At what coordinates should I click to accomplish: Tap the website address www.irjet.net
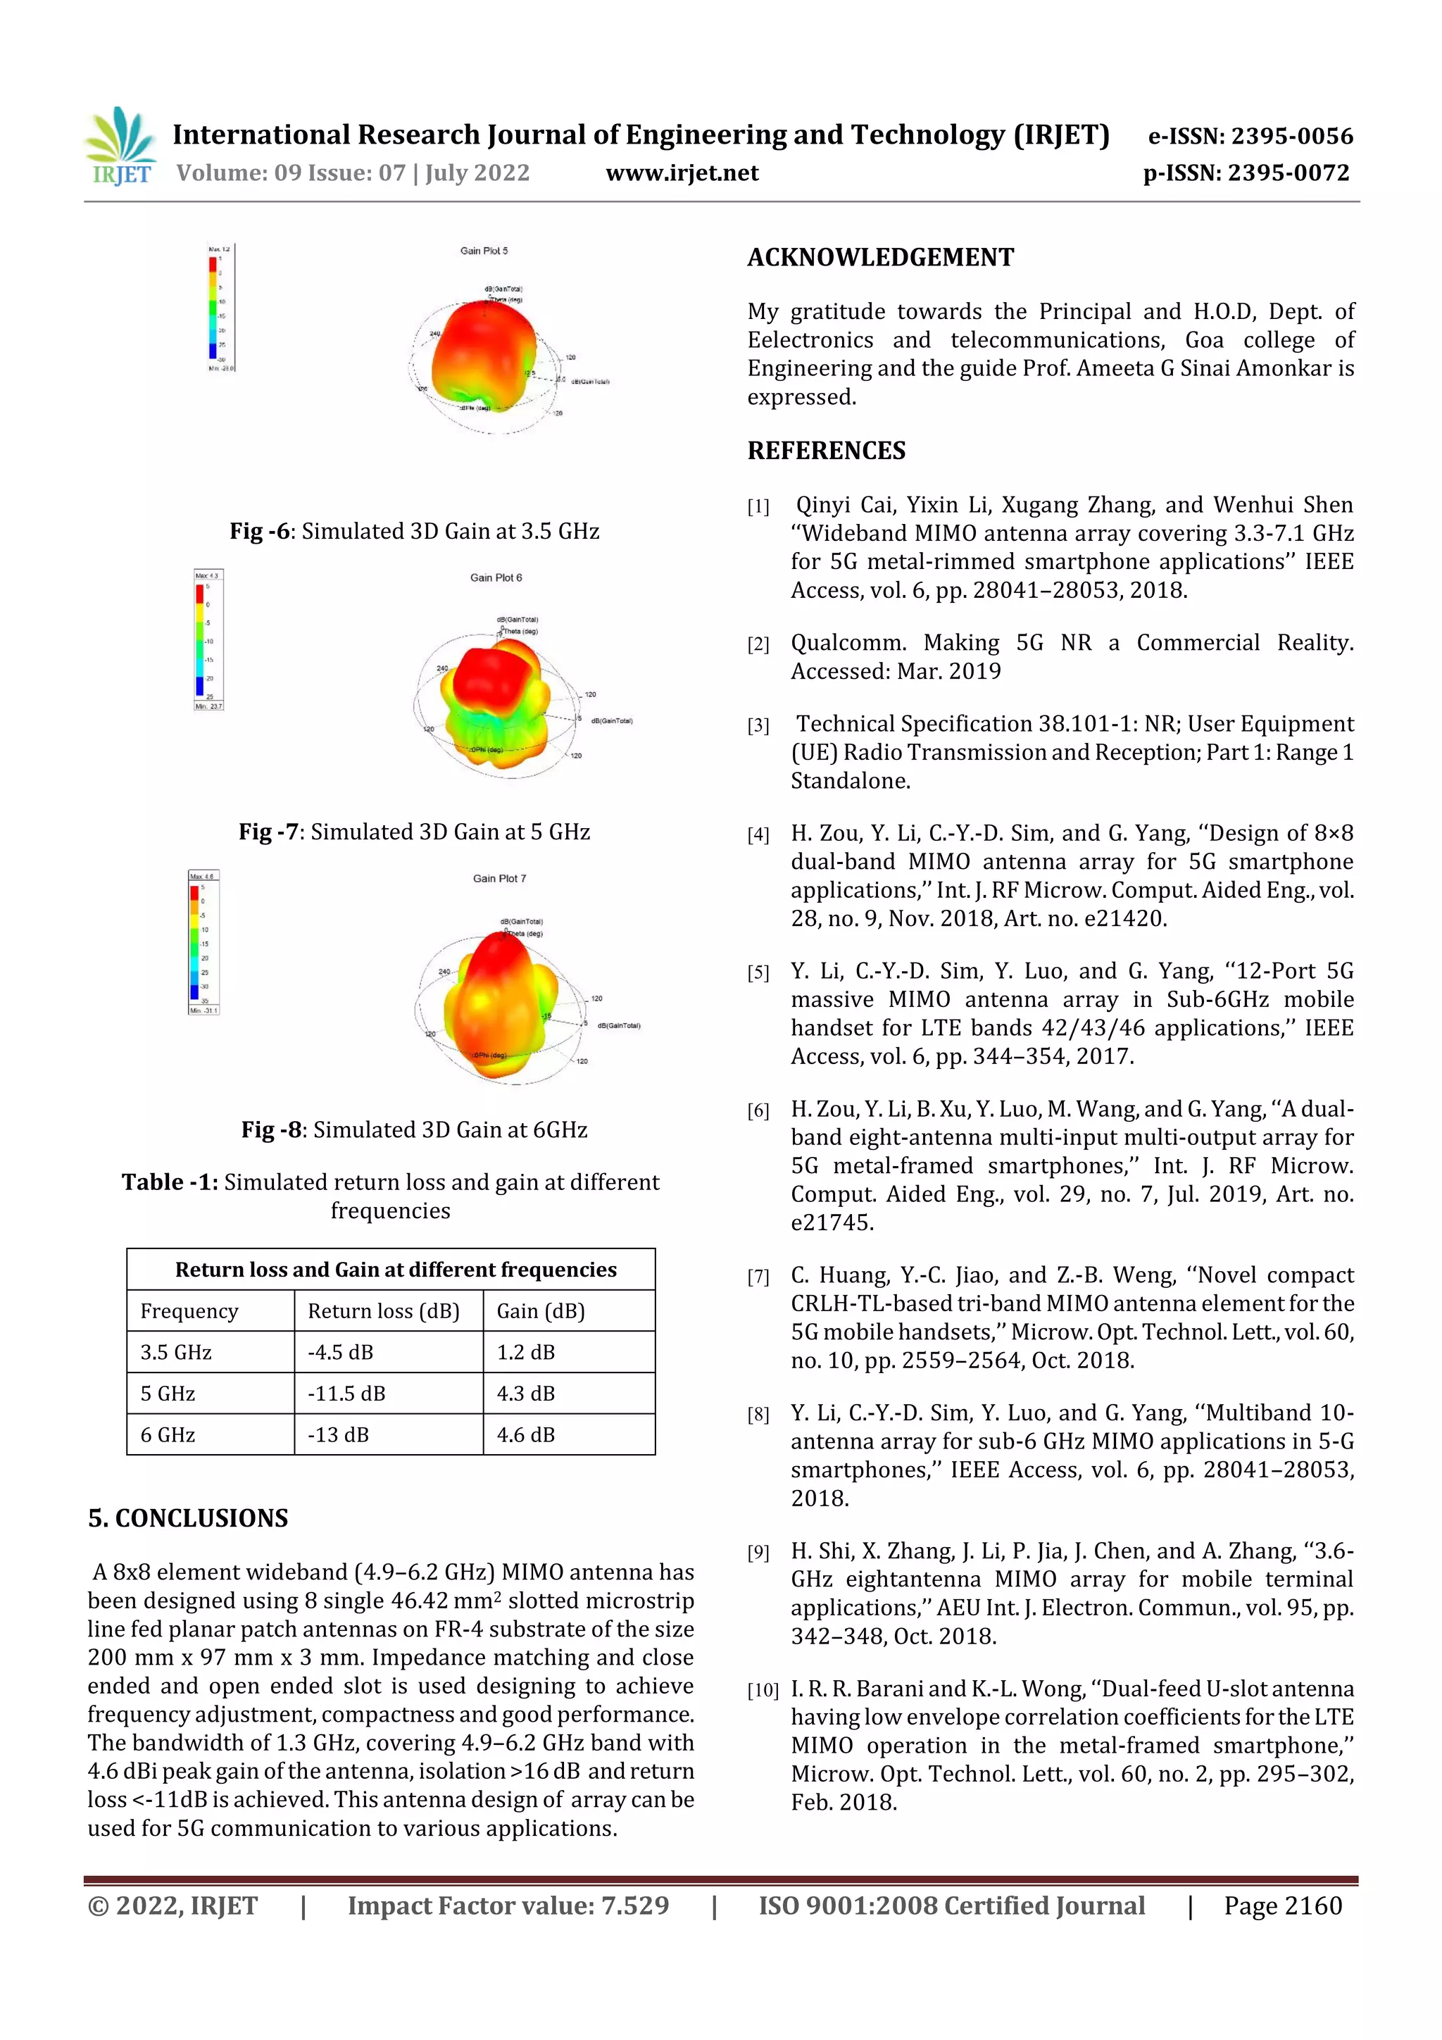tap(682, 173)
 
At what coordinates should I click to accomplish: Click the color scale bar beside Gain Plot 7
tap(194, 941)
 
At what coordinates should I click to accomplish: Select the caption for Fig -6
tap(414, 532)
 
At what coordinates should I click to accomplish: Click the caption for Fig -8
tap(414, 1129)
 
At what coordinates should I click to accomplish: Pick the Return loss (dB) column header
tap(383, 1310)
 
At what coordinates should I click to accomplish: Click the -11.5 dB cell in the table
tap(346, 1393)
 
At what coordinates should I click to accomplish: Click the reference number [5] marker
tap(757, 973)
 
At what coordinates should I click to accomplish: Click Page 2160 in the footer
tap(1282, 1905)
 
